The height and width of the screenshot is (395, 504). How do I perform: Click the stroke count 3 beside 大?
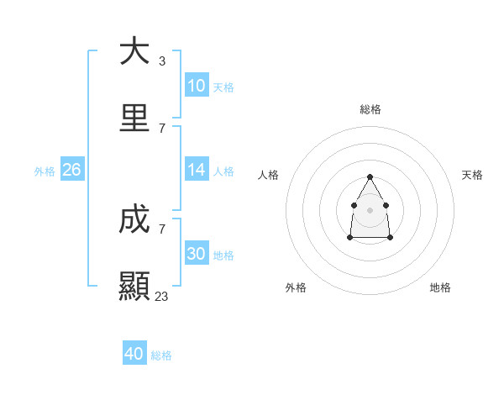pos(162,61)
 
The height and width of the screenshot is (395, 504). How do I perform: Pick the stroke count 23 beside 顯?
pos(162,297)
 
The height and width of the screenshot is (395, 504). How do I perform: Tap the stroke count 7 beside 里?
pos(162,129)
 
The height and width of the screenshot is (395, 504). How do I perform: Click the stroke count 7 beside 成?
pos(162,229)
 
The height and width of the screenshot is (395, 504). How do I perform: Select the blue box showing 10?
pos(197,86)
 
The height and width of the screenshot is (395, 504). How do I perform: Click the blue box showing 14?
pos(197,170)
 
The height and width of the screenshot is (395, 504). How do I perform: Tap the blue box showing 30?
pos(197,254)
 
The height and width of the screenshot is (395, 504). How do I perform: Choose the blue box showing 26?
pos(71,170)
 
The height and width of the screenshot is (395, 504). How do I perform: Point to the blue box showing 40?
pos(134,354)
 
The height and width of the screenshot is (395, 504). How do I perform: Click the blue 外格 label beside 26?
pos(45,171)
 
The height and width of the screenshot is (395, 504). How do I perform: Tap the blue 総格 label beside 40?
pos(161,355)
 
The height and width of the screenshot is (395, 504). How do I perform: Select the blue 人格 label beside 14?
pos(223,171)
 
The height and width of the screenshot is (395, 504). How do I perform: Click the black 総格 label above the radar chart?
pos(370,109)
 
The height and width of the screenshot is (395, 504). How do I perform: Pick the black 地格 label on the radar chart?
pos(440,287)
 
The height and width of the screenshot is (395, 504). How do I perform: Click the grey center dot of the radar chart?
pos(370,209)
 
